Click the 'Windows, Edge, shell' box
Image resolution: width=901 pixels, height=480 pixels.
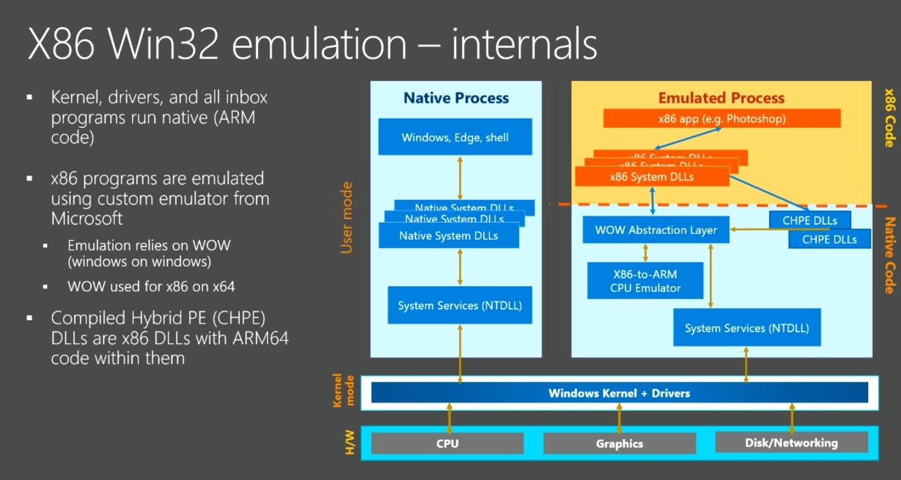click(x=455, y=137)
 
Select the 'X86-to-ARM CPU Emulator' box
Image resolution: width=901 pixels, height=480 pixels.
click(x=645, y=281)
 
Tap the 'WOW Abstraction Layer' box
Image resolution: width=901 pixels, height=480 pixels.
click(x=656, y=230)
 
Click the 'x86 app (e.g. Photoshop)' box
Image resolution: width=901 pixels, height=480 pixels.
click(x=722, y=118)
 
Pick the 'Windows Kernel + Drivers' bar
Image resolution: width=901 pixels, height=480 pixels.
click(x=619, y=393)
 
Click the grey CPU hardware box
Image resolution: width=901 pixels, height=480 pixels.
click(x=447, y=443)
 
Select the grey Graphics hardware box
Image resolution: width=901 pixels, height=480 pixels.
click(x=619, y=443)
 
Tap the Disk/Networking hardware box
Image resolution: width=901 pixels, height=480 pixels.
click(x=791, y=442)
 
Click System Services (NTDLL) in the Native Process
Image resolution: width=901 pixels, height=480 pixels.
click(x=459, y=306)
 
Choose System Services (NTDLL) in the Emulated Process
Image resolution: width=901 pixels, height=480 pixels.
click(x=746, y=328)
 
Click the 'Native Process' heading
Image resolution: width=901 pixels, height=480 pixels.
click(x=456, y=98)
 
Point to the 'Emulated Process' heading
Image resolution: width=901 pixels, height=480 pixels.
click(x=721, y=98)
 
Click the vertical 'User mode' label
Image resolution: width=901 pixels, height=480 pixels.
click(x=347, y=218)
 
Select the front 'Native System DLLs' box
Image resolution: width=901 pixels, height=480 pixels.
click(x=448, y=236)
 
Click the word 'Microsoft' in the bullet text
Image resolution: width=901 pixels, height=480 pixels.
click(x=87, y=218)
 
